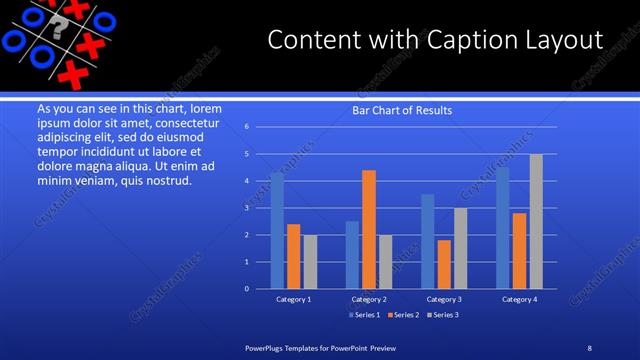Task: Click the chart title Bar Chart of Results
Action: pyautogui.click(x=402, y=110)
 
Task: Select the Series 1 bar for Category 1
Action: pyautogui.click(x=277, y=230)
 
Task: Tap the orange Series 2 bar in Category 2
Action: pyautogui.click(x=369, y=229)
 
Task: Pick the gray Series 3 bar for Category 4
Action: pyautogui.click(x=536, y=221)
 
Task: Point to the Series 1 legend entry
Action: pyautogui.click(x=365, y=315)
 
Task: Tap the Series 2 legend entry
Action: pyautogui.click(x=402, y=315)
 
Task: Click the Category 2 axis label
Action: pyautogui.click(x=369, y=299)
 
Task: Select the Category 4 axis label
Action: pyautogui.click(x=519, y=299)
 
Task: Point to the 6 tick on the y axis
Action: pyautogui.click(x=247, y=127)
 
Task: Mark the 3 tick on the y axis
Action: pyautogui.click(x=247, y=208)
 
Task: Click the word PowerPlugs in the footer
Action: pyautogui.click(x=268, y=347)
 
